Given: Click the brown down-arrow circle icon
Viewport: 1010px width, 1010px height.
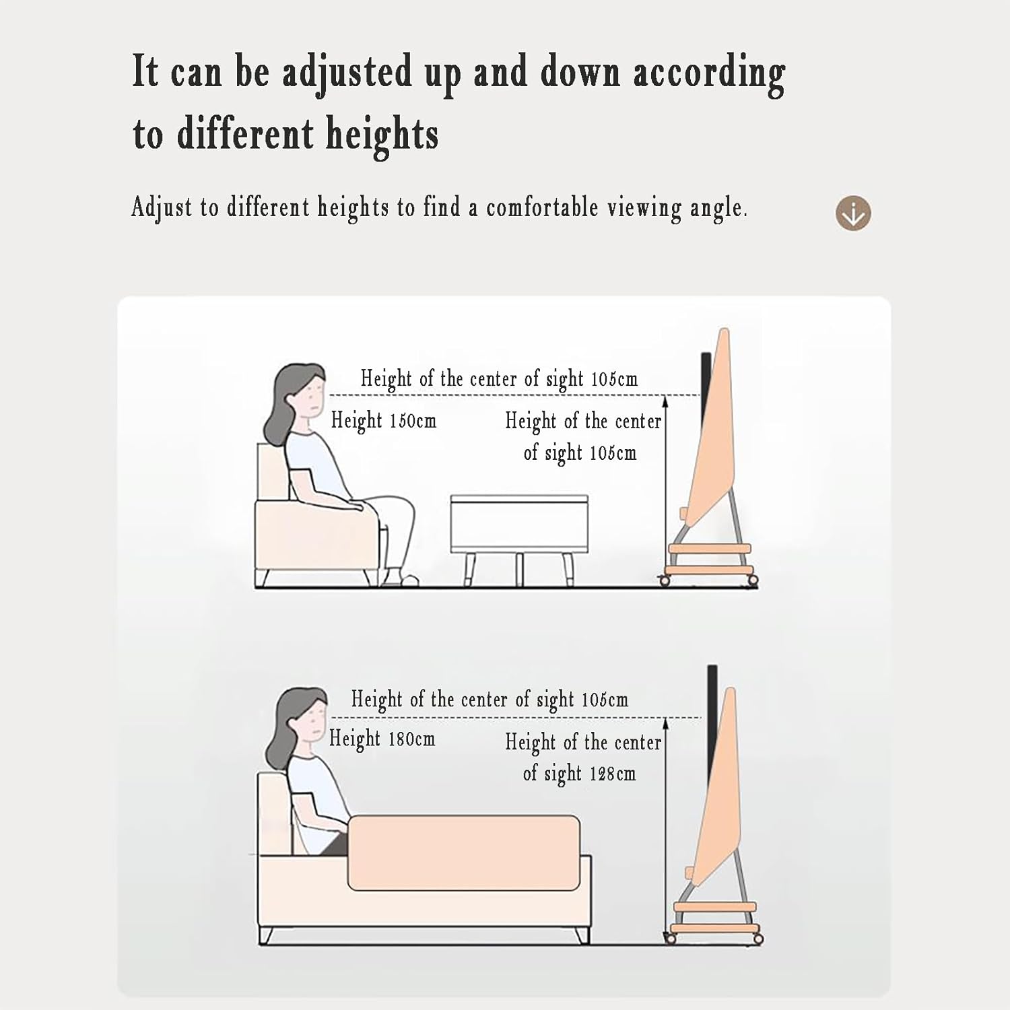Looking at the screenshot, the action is tap(853, 213).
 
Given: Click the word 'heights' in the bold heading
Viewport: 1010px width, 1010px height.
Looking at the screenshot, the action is tap(382, 133).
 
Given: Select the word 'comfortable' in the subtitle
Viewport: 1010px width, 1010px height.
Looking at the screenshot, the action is tap(542, 207).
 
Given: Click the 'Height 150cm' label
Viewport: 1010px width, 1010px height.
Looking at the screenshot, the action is tap(384, 421).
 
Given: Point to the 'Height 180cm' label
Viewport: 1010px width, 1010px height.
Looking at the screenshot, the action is tap(382, 739).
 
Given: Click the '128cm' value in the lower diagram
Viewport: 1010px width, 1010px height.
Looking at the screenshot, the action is tap(612, 773).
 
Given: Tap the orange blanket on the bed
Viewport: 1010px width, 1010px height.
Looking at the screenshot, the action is tap(464, 852).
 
